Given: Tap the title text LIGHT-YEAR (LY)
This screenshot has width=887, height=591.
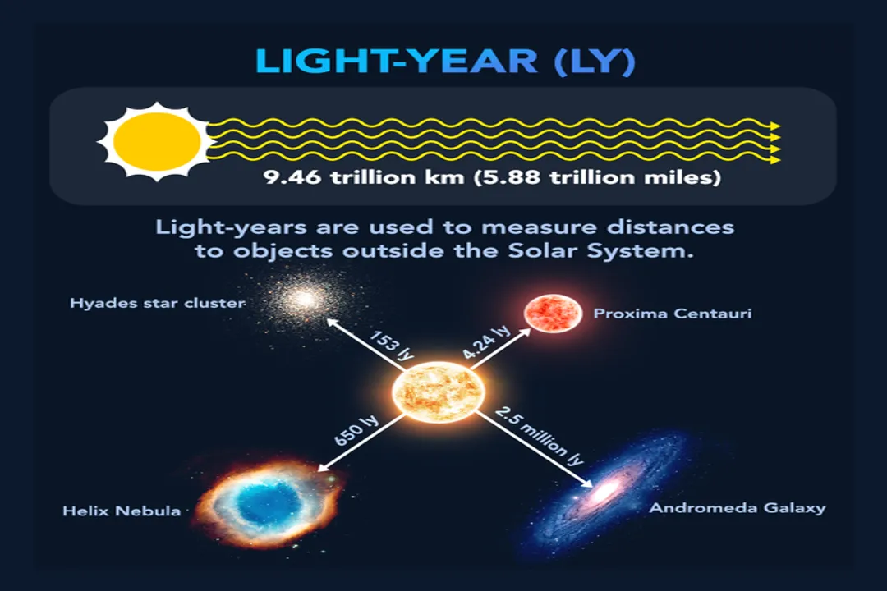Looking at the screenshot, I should [444, 62].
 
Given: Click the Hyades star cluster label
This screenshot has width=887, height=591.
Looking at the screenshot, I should [158, 304].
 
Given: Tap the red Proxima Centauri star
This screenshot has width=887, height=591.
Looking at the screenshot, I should [553, 314].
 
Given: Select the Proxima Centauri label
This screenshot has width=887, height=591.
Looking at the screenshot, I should [672, 314].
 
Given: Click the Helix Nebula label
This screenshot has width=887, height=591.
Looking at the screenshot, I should [122, 511].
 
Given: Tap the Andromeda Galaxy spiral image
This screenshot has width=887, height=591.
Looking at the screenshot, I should [606, 491].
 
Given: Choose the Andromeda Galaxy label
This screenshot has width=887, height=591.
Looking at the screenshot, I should [738, 508].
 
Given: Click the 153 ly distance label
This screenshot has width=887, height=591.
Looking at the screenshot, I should [390, 346].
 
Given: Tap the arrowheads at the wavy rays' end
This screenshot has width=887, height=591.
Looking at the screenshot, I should [774, 142].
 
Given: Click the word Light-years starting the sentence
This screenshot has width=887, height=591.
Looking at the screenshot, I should [213, 226].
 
